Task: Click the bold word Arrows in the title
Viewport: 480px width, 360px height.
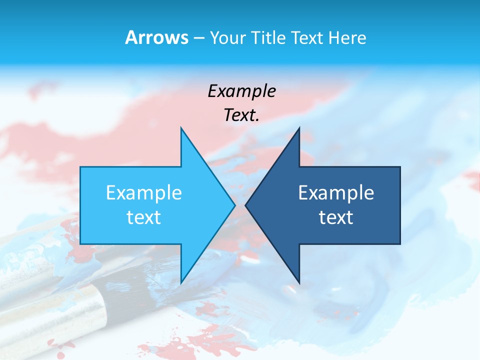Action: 157,37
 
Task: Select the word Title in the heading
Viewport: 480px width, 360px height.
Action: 269,38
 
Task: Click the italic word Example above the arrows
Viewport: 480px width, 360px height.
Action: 241,91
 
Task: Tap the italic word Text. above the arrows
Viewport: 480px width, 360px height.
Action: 241,115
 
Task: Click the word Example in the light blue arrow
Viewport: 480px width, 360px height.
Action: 144,193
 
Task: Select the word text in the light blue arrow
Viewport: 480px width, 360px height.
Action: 144,217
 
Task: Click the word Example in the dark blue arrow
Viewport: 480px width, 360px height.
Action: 336,193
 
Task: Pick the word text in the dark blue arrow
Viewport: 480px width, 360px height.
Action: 336,217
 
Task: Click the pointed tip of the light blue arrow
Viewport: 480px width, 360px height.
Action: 234,205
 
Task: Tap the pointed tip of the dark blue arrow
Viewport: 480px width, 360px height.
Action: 246,205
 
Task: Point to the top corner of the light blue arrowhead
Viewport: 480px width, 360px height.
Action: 181,128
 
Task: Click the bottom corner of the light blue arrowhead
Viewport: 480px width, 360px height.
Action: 181,283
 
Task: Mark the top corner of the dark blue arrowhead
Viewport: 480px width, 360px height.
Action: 299,128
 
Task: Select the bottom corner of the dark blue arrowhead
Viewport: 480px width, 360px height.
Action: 299,283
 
